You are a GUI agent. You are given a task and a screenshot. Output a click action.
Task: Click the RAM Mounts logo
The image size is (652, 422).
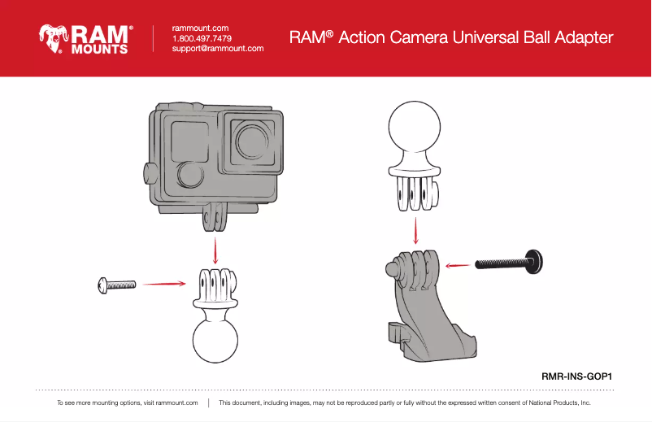click(x=85, y=38)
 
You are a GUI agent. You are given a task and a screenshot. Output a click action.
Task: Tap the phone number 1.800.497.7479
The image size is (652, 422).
click(x=202, y=38)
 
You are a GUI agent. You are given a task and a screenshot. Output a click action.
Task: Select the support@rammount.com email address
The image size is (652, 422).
click(x=218, y=49)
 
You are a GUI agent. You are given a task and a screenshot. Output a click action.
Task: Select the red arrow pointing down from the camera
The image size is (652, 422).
click(x=215, y=249)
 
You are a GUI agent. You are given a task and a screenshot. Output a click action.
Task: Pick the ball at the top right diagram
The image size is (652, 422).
click(x=415, y=130)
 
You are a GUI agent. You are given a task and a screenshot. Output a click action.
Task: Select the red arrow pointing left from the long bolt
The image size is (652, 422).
click(x=459, y=263)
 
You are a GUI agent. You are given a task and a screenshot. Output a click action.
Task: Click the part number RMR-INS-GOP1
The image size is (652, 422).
click(x=576, y=376)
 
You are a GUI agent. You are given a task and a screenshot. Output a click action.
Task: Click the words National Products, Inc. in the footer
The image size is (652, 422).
click(x=559, y=402)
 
